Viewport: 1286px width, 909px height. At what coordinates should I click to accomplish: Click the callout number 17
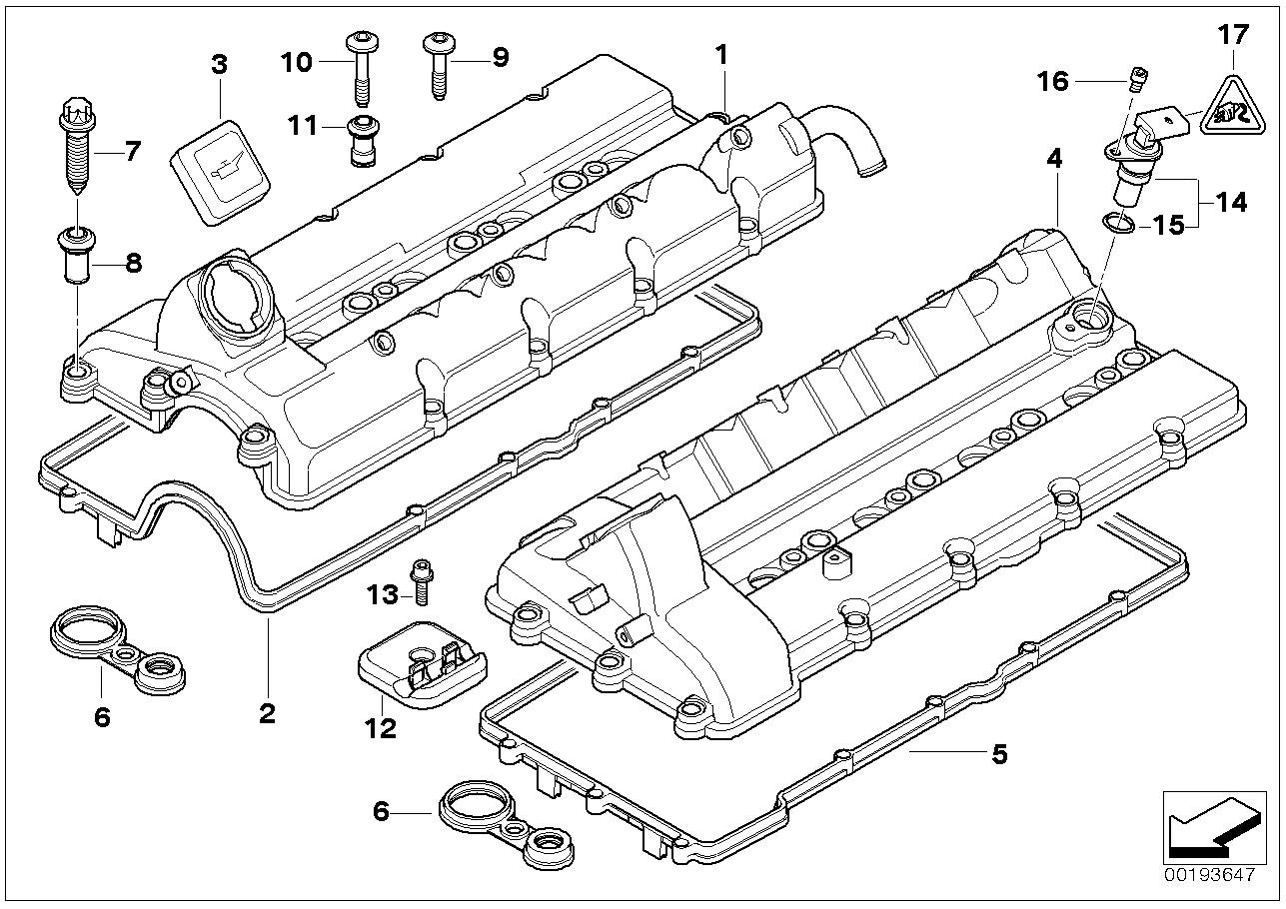pyautogui.click(x=1233, y=35)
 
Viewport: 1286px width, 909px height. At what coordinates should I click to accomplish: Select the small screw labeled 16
pyautogui.click(x=1134, y=77)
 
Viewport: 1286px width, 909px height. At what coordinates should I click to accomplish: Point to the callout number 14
pyautogui.click(x=1232, y=203)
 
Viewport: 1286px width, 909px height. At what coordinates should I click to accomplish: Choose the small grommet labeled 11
pyautogui.click(x=361, y=140)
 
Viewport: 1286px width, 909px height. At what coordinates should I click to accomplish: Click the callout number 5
pyautogui.click(x=998, y=754)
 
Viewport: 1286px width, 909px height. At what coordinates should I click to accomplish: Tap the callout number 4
pyautogui.click(x=1054, y=157)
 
